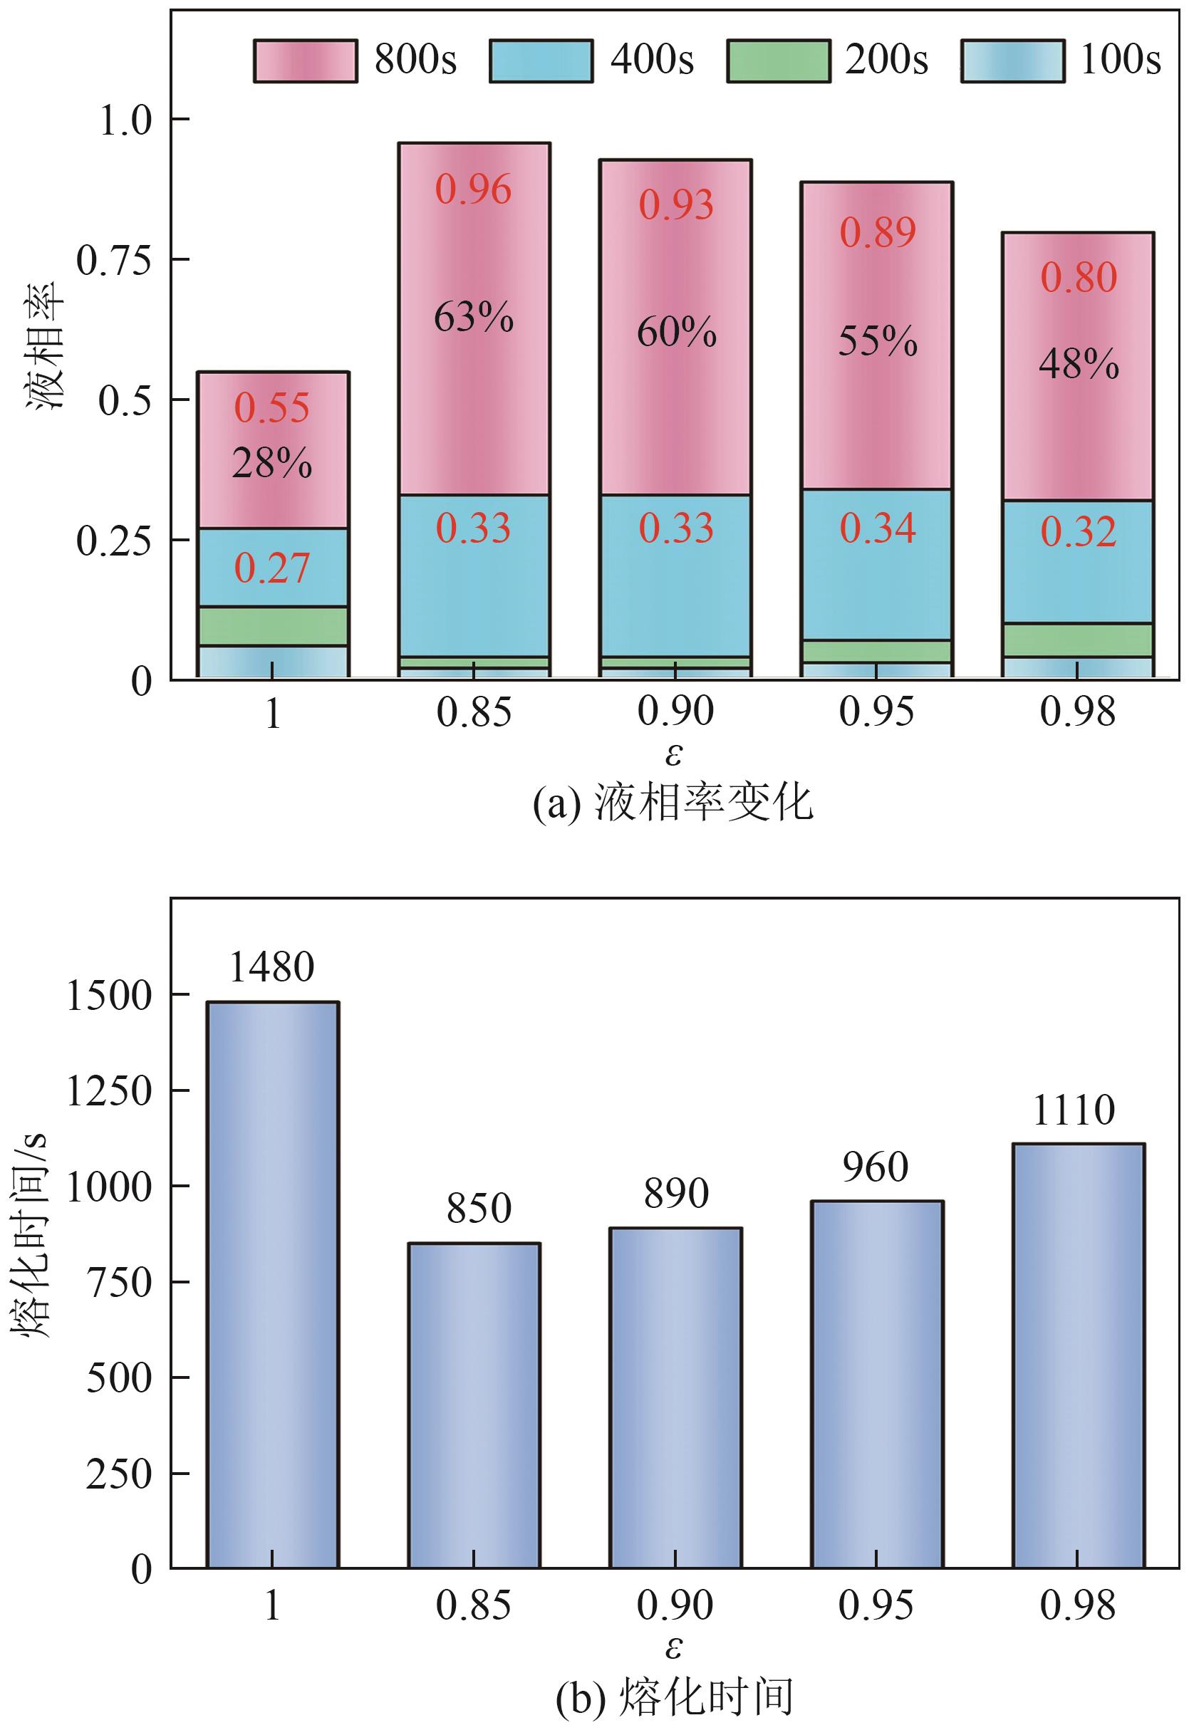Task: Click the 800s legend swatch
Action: [x=306, y=61]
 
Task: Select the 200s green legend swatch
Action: [x=777, y=61]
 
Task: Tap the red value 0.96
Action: [x=474, y=190]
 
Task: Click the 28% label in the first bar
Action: [x=272, y=464]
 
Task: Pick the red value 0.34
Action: [x=878, y=528]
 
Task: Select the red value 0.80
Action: [x=1079, y=278]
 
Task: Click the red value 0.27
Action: [x=272, y=569]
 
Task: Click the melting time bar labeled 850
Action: [x=474, y=1407]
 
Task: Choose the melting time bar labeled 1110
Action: [x=1079, y=1355]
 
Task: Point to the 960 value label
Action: [x=876, y=1168]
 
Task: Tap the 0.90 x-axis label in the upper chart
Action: [x=675, y=712]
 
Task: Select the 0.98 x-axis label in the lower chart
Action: [x=1078, y=1605]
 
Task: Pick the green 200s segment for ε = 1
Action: [x=273, y=625]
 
